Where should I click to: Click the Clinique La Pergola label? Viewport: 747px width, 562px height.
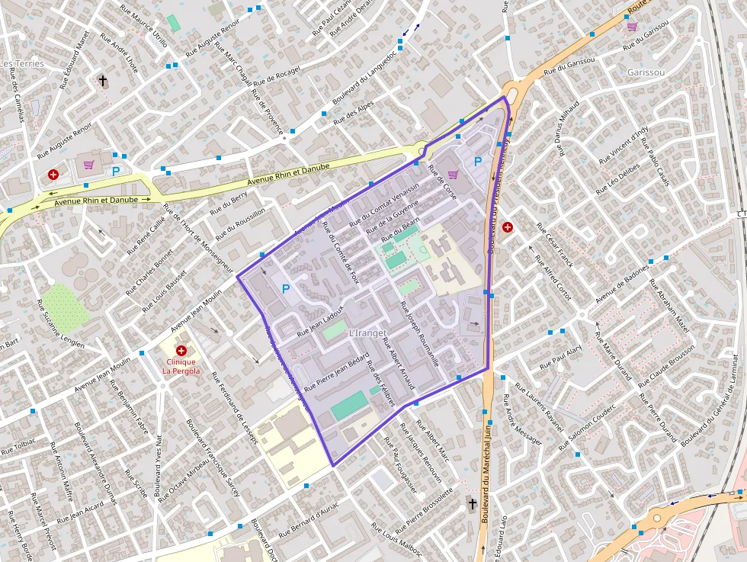point(181,366)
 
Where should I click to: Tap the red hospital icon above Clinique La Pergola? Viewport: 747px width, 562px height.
point(181,350)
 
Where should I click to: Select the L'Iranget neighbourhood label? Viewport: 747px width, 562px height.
point(368,333)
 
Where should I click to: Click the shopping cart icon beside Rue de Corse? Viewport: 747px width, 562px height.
point(453,175)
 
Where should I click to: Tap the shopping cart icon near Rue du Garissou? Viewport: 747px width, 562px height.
point(632,27)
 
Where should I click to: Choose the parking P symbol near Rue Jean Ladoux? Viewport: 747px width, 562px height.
point(286,289)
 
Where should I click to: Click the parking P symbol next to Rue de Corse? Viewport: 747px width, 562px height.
point(478,162)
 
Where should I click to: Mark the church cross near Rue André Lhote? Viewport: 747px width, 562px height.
point(103,80)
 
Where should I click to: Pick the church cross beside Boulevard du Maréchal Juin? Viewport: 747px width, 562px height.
point(472,504)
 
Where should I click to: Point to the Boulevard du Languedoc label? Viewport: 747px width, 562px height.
point(364,78)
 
